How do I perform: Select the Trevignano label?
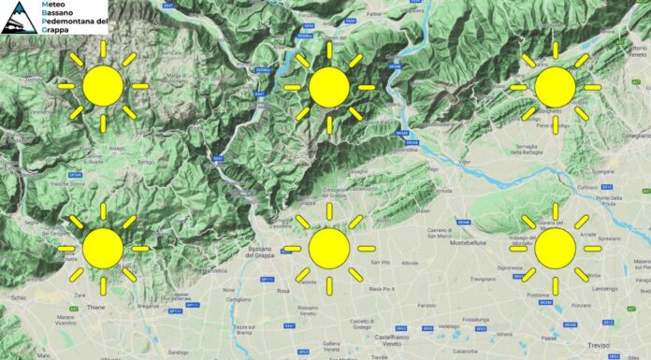coord(484,279)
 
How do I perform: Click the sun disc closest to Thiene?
coord(103,248)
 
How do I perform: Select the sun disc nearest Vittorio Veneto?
coord(555,86)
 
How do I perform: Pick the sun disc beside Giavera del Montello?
coord(555,248)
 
